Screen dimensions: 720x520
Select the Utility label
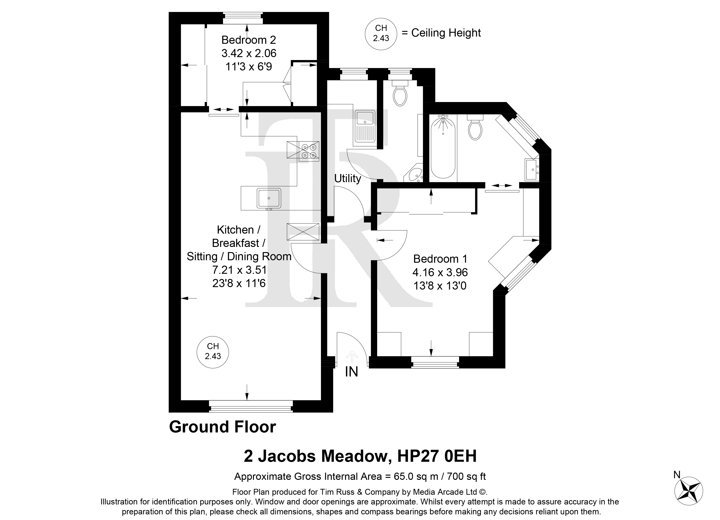pyautogui.click(x=348, y=179)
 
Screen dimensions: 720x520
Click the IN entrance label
pyautogui.click(x=351, y=372)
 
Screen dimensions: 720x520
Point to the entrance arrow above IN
pyautogui.click(x=351, y=357)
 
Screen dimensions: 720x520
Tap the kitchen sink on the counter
pyautogui.click(x=269, y=198)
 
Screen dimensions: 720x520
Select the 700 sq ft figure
pyautogui.click(x=467, y=476)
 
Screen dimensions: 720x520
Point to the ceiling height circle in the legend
pyautogui.click(x=381, y=34)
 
